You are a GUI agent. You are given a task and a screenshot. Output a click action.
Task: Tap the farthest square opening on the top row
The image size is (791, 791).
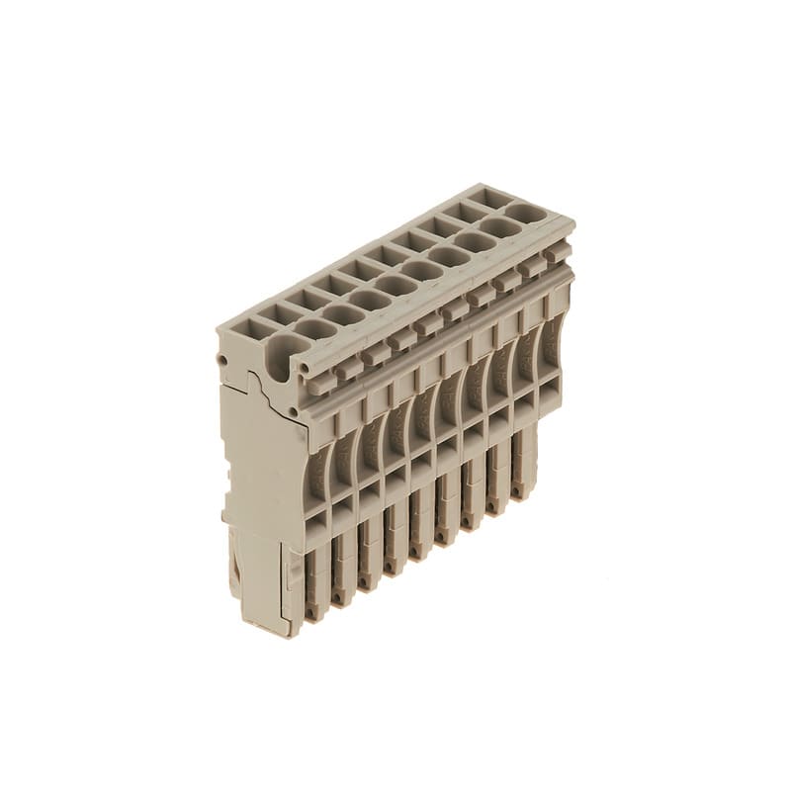click(x=490, y=197)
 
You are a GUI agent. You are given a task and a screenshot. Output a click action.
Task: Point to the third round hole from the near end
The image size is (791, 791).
click(x=370, y=300)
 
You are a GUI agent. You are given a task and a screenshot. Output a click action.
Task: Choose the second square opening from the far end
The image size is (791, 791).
click(x=464, y=211)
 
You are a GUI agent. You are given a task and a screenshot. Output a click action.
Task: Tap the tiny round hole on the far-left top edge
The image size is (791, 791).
click(x=224, y=335)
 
